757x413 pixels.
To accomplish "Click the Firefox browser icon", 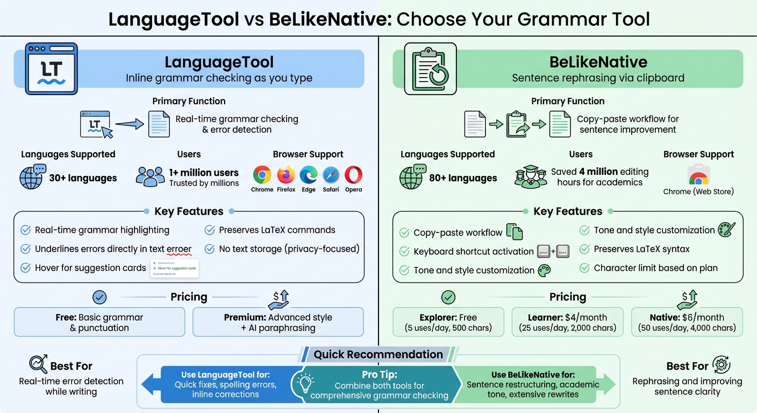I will (x=286, y=175).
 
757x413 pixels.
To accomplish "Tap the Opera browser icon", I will (x=353, y=175).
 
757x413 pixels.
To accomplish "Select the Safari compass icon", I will (x=331, y=175).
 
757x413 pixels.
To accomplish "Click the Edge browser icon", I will (x=308, y=175).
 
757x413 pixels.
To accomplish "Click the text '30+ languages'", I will (x=83, y=178).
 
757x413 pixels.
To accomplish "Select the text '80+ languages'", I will (x=463, y=178).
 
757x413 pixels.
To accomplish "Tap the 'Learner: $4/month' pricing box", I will (x=567, y=322).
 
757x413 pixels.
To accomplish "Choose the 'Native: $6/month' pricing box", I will (x=687, y=322).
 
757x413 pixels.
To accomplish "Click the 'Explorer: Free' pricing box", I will (x=448, y=322).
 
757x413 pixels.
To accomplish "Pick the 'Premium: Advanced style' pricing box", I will (x=278, y=322).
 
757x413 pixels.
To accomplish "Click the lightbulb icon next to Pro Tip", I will (x=305, y=383).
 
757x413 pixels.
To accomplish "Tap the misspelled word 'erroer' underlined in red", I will (x=179, y=249).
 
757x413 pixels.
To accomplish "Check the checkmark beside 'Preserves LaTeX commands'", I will (x=210, y=230).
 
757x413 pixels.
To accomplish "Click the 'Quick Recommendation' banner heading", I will (x=378, y=354).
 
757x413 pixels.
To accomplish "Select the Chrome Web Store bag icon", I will (x=698, y=175).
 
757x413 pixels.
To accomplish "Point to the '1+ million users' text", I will (x=204, y=173).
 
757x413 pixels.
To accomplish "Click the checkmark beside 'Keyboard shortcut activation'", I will (x=404, y=252).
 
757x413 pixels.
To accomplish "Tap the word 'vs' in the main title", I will (x=254, y=19).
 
